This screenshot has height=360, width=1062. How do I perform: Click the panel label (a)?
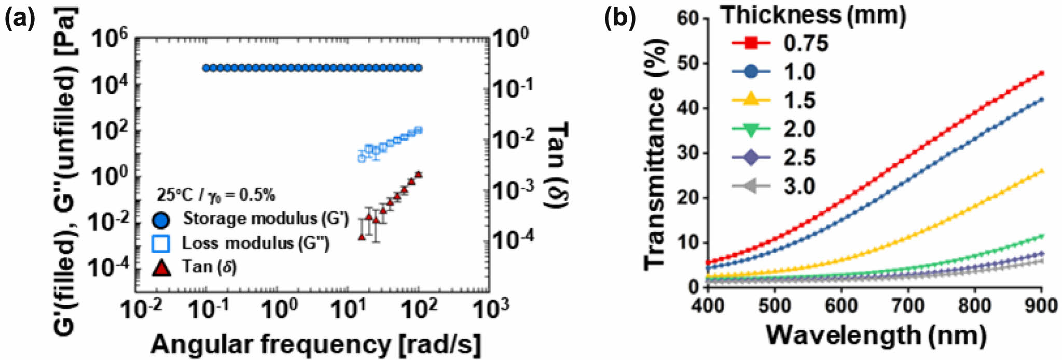[20, 19]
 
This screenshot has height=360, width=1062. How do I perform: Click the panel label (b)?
[620, 19]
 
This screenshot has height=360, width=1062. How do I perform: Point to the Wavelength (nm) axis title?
[876, 335]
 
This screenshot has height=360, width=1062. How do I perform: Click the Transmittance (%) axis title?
[655, 156]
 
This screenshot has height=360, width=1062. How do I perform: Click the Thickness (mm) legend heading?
[813, 15]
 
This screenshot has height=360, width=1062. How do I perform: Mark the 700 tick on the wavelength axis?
[908, 306]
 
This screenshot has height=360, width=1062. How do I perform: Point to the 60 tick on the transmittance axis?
[688, 19]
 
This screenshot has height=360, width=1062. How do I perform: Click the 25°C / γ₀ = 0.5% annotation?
[216, 195]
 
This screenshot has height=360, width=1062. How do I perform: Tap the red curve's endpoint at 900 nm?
[1042, 73]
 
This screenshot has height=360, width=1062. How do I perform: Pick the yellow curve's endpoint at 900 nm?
[1042, 170]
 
